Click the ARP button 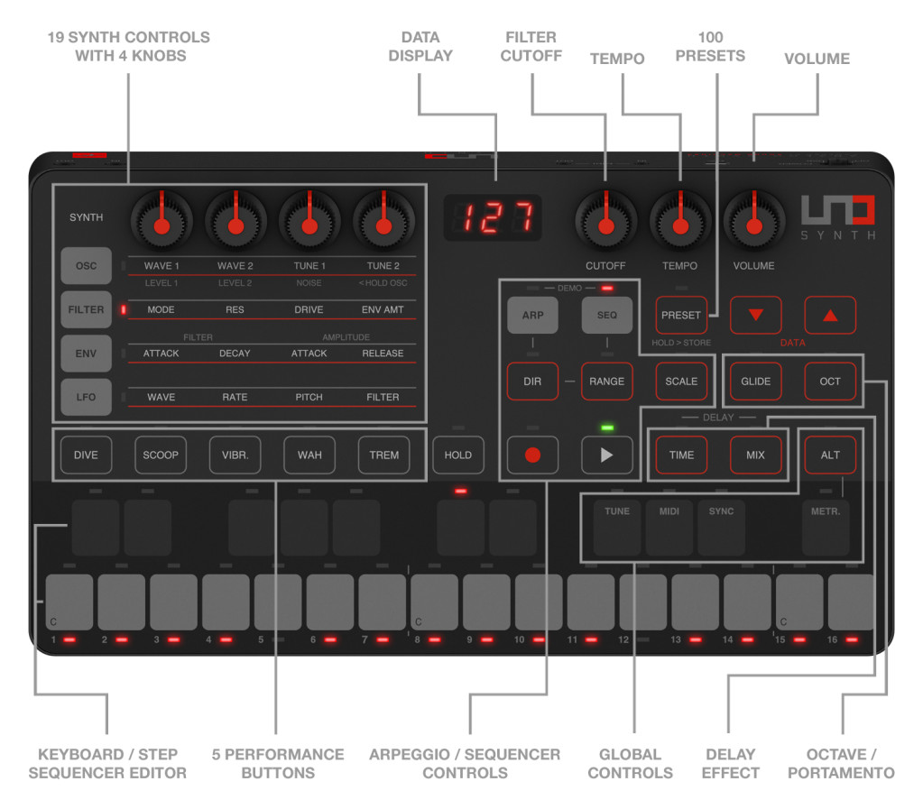pyautogui.click(x=532, y=316)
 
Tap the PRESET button pyautogui.click(x=681, y=316)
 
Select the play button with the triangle pyautogui.click(x=606, y=455)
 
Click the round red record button pyautogui.click(x=532, y=455)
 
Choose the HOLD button pyautogui.click(x=457, y=455)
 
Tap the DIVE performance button pyautogui.click(x=86, y=455)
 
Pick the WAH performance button pyautogui.click(x=309, y=455)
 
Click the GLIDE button pyautogui.click(x=755, y=382)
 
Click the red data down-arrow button pyautogui.click(x=755, y=316)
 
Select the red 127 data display pyautogui.click(x=493, y=217)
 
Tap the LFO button pyautogui.click(x=86, y=397)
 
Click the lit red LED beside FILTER pyautogui.click(x=124, y=310)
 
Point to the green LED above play pyautogui.click(x=606, y=427)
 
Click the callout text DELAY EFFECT pyautogui.click(x=730, y=763)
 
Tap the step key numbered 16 pyautogui.click(x=851, y=602)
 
